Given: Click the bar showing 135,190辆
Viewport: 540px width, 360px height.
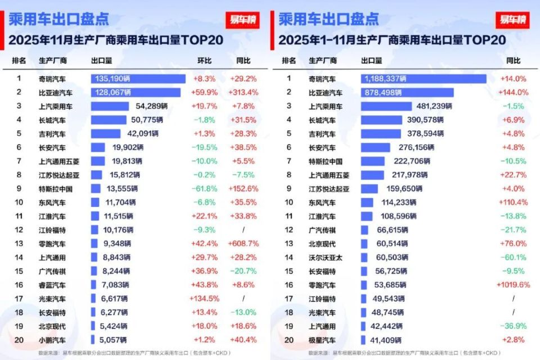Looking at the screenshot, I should [138, 79].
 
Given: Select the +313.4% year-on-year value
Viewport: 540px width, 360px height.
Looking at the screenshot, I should [244, 92].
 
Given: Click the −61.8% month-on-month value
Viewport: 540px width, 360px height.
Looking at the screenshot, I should [205, 189].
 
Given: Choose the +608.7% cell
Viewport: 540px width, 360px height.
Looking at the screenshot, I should [244, 244].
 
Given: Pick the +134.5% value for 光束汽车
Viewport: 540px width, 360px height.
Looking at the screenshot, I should [205, 299].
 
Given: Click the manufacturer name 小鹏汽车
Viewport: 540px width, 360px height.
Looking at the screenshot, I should [52, 340].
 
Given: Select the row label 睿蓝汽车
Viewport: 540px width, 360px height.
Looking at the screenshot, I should [52, 285].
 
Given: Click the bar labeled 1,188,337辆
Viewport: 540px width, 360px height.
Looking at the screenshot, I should [423, 79].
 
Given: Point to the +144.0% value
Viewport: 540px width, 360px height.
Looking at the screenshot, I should [513, 92].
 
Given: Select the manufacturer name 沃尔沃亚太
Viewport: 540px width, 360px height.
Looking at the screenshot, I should [325, 257].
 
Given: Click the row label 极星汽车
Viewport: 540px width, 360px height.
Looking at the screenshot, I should [322, 340].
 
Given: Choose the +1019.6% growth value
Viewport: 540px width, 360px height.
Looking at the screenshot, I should [513, 285].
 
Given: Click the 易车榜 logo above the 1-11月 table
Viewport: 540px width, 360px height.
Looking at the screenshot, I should [512, 20].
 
